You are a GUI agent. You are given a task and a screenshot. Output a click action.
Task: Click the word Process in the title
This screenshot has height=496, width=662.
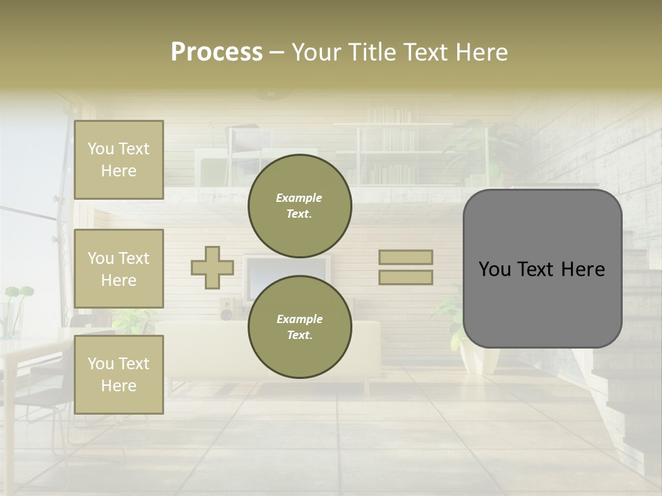217,52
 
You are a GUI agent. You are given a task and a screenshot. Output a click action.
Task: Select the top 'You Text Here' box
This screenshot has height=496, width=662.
119,160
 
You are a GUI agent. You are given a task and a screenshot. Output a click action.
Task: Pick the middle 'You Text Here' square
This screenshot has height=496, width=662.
119,269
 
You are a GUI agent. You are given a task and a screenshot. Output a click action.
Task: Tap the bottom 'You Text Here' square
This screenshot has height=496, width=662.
119,375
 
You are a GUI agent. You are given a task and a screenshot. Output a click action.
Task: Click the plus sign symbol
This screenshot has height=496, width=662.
212,267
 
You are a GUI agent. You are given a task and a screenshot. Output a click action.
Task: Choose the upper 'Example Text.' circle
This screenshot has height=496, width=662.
299,206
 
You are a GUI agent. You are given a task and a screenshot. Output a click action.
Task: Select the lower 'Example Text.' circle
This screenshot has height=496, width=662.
299,327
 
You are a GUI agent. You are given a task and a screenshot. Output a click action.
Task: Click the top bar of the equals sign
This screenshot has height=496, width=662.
405,258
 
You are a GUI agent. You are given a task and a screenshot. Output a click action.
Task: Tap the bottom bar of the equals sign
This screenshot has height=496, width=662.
405,277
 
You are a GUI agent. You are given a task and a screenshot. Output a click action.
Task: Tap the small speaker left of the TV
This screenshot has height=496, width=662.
227,309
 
